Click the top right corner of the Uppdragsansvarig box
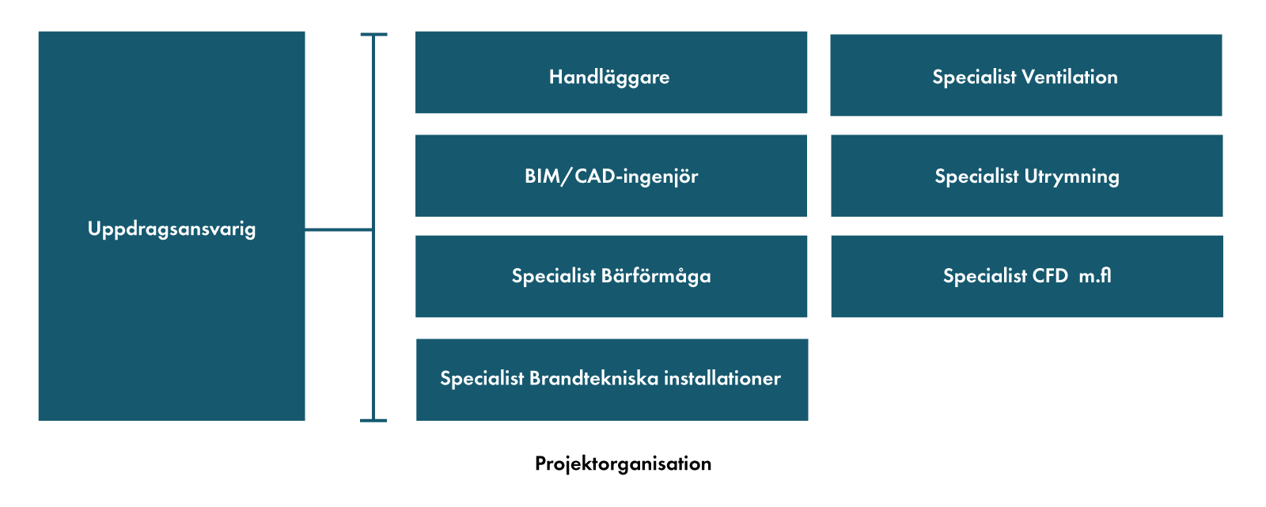[305, 32]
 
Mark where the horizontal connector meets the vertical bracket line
[373, 229]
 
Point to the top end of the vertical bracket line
[373, 35]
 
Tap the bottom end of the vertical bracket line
[373, 421]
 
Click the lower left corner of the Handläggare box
[416, 112]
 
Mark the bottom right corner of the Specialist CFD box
[1222, 316]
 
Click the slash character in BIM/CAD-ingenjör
[565, 176]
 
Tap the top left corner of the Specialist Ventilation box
[831, 35]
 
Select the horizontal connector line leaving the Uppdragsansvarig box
[339, 229]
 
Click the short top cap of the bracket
[373, 35]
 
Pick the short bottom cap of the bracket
[373, 421]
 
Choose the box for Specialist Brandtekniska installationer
[612, 380]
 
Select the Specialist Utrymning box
[1027, 176]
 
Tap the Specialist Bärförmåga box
[611, 276]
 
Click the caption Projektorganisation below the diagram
[623, 464]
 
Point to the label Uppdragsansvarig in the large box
[172, 229]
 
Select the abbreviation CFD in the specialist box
[1050, 276]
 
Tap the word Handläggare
[609, 78]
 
